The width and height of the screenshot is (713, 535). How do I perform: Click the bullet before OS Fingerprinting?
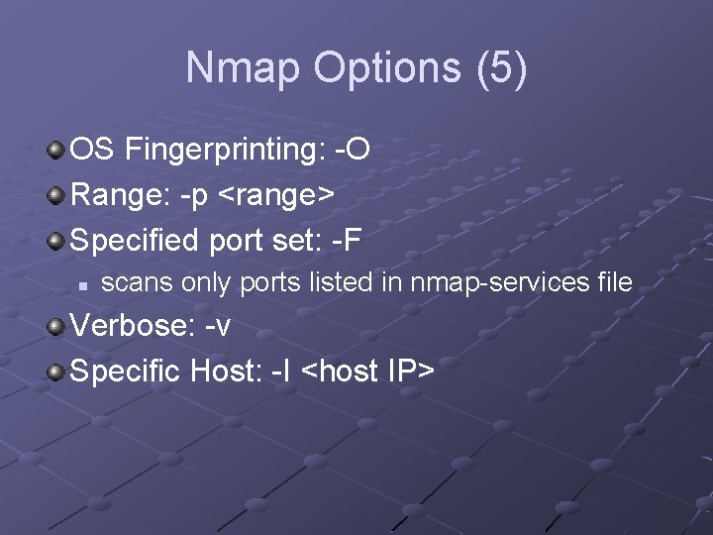click(57, 151)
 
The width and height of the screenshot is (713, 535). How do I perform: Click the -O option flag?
click(354, 151)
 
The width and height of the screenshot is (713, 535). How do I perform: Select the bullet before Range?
click(57, 195)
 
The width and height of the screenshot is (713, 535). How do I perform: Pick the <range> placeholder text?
click(276, 195)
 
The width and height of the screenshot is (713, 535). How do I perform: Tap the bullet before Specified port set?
click(57, 240)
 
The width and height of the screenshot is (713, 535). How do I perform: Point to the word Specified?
click(137, 240)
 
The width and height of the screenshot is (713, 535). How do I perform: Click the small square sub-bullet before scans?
click(85, 285)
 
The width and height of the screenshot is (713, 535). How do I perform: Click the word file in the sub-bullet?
click(615, 283)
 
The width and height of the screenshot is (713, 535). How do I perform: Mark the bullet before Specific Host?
click(57, 373)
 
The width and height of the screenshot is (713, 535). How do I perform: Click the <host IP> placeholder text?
click(367, 373)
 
